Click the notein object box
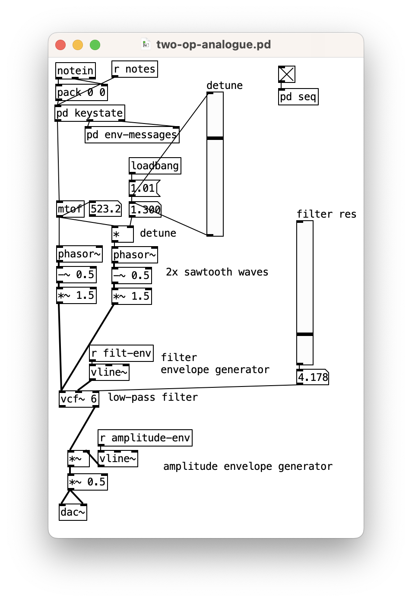point(76,71)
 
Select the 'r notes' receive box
point(135,69)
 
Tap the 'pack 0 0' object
point(82,92)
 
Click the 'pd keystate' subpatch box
point(90,113)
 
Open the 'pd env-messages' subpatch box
point(132,135)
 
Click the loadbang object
point(155,166)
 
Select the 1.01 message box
point(143,188)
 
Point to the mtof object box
point(70,209)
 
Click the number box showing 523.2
point(105,209)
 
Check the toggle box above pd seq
point(287,74)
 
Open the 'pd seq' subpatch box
point(298,97)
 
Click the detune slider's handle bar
point(215,138)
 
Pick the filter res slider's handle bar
point(305,334)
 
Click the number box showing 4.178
point(313,377)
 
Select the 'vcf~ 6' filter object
point(79,399)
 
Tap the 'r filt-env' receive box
point(121,353)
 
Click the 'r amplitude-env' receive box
point(145,438)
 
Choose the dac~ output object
point(73,512)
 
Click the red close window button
point(60,45)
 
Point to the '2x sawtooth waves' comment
point(217,272)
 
